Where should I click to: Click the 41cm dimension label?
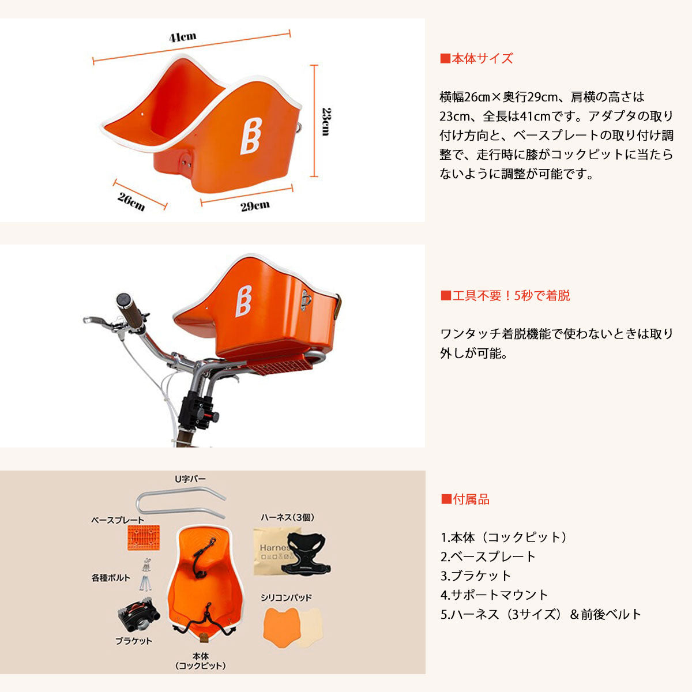pyautogui.click(x=182, y=37)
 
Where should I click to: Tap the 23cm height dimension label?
pyautogui.click(x=326, y=121)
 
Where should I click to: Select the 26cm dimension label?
pyautogui.click(x=131, y=202)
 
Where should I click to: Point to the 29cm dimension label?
pyautogui.click(x=255, y=206)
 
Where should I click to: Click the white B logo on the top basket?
pyautogui.click(x=251, y=136)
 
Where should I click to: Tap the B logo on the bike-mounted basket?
pyautogui.click(x=243, y=301)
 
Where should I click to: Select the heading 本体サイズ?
pyautogui.click(x=476, y=59)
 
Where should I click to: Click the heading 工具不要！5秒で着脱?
pyautogui.click(x=505, y=296)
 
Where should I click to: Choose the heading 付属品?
pyautogui.click(x=465, y=499)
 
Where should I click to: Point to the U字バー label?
pyautogui.click(x=190, y=479)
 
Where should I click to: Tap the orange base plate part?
pyautogui.click(x=143, y=537)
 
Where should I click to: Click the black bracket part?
pyautogui.click(x=138, y=615)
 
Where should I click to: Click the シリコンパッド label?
pyautogui.click(x=286, y=597)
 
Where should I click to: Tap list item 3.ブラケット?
pyautogui.click(x=475, y=576)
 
